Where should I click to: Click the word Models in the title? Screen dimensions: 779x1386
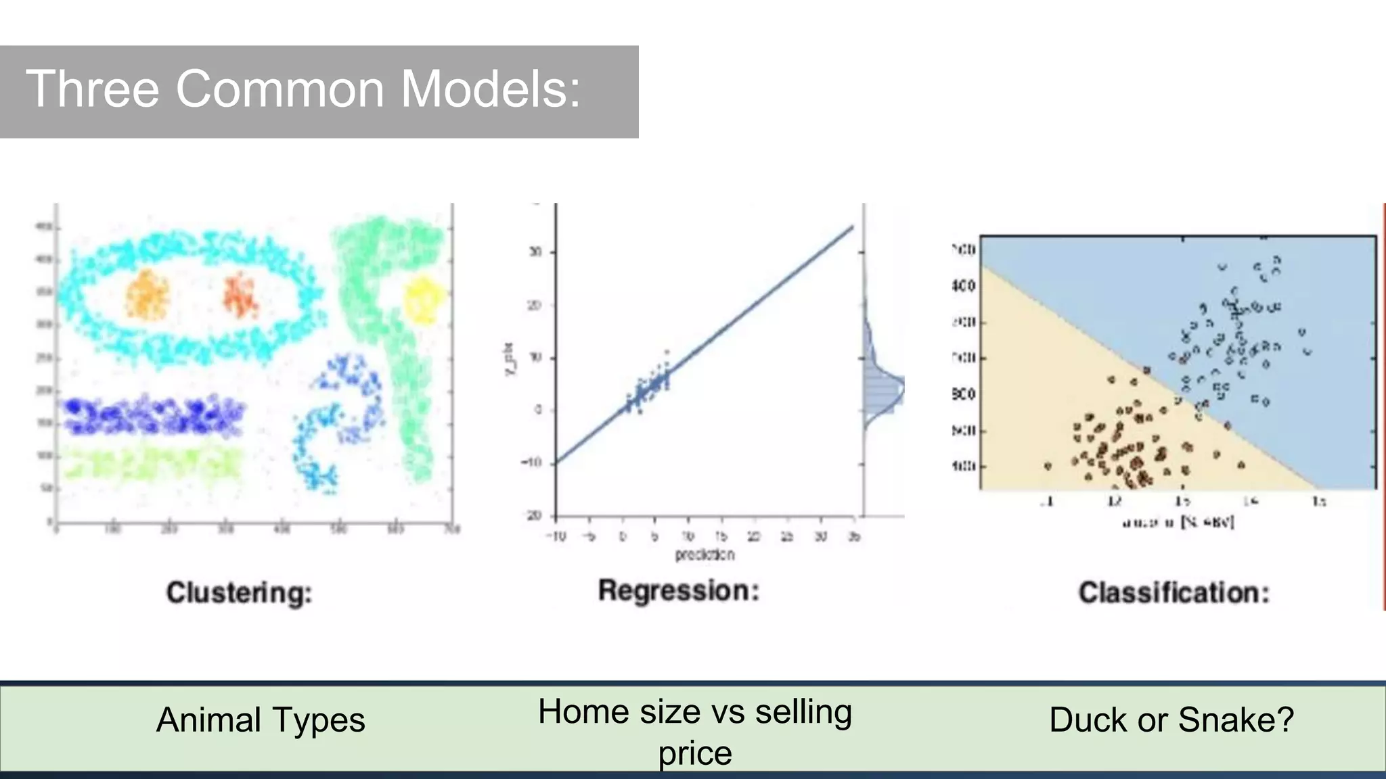(491, 89)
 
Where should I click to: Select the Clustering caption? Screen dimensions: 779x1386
(240, 593)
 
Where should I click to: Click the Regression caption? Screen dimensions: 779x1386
(679, 591)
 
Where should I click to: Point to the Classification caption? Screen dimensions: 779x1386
(1173, 593)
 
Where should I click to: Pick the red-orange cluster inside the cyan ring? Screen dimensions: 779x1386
(240, 295)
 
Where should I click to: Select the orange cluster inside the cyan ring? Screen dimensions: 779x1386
(148, 294)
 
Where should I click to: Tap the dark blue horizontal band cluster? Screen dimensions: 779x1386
(154, 416)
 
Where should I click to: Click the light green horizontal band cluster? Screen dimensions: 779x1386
(154, 463)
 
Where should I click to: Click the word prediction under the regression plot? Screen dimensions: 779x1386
(705, 554)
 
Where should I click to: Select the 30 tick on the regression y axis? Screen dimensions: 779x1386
(535, 252)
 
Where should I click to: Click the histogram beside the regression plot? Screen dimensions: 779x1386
(882, 389)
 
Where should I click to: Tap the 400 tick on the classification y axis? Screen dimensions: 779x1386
(964, 286)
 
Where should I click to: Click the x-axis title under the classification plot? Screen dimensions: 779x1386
(1178, 522)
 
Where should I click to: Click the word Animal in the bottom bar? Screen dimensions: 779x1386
(208, 719)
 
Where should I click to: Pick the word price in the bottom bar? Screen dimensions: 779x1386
(695, 753)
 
